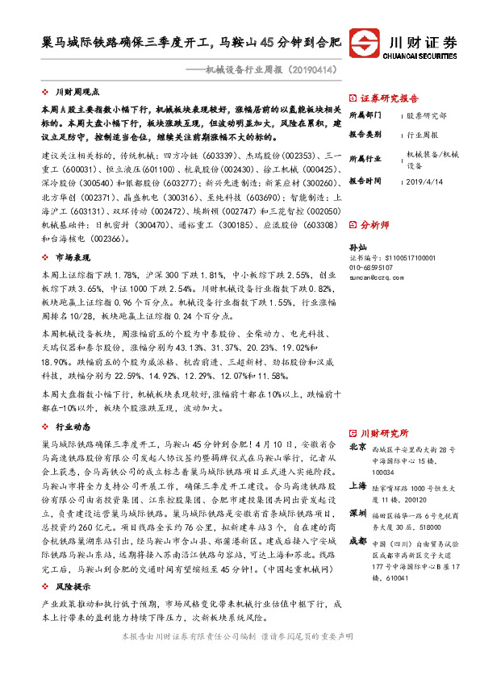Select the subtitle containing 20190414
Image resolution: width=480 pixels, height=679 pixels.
click(269, 70)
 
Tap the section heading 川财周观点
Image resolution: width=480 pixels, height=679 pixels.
click(77, 93)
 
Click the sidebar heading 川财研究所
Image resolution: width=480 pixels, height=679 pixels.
click(384, 432)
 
